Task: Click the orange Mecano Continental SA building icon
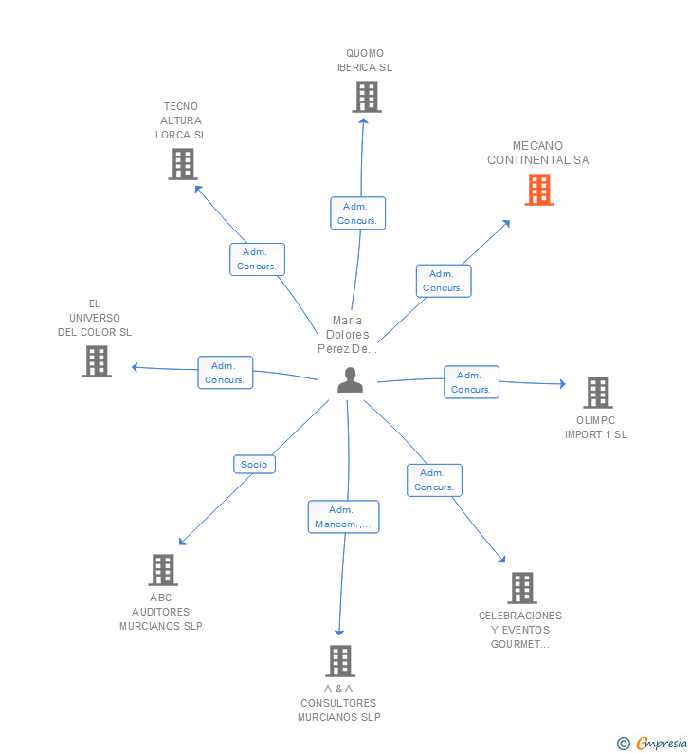pyautogui.click(x=539, y=189)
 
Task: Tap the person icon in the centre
pyautogui.click(x=350, y=380)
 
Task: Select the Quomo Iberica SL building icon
pyautogui.click(x=366, y=97)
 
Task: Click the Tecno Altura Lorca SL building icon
pyautogui.click(x=182, y=164)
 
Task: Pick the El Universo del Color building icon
pyautogui.click(x=96, y=361)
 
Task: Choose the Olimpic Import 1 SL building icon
pyautogui.click(x=597, y=393)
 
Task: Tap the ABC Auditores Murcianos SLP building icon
pyautogui.click(x=163, y=570)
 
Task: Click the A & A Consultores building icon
pyautogui.click(x=339, y=661)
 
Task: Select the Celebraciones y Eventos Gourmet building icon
pyautogui.click(x=521, y=588)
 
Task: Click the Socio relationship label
pyautogui.click(x=254, y=464)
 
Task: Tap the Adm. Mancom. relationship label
pyautogui.click(x=343, y=517)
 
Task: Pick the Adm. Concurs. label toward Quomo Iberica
pyautogui.click(x=357, y=213)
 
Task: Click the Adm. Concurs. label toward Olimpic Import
pyautogui.click(x=471, y=382)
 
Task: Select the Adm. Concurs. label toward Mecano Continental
pyautogui.click(x=443, y=281)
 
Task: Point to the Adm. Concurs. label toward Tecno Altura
pyautogui.click(x=257, y=259)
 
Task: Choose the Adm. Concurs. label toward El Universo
pyautogui.click(x=225, y=373)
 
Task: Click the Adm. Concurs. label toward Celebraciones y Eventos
pyautogui.click(x=434, y=480)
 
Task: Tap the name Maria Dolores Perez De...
pyautogui.click(x=347, y=334)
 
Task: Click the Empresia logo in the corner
pyautogui.click(x=653, y=743)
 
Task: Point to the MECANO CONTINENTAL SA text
pyautogui.click(x=537, y=153)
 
